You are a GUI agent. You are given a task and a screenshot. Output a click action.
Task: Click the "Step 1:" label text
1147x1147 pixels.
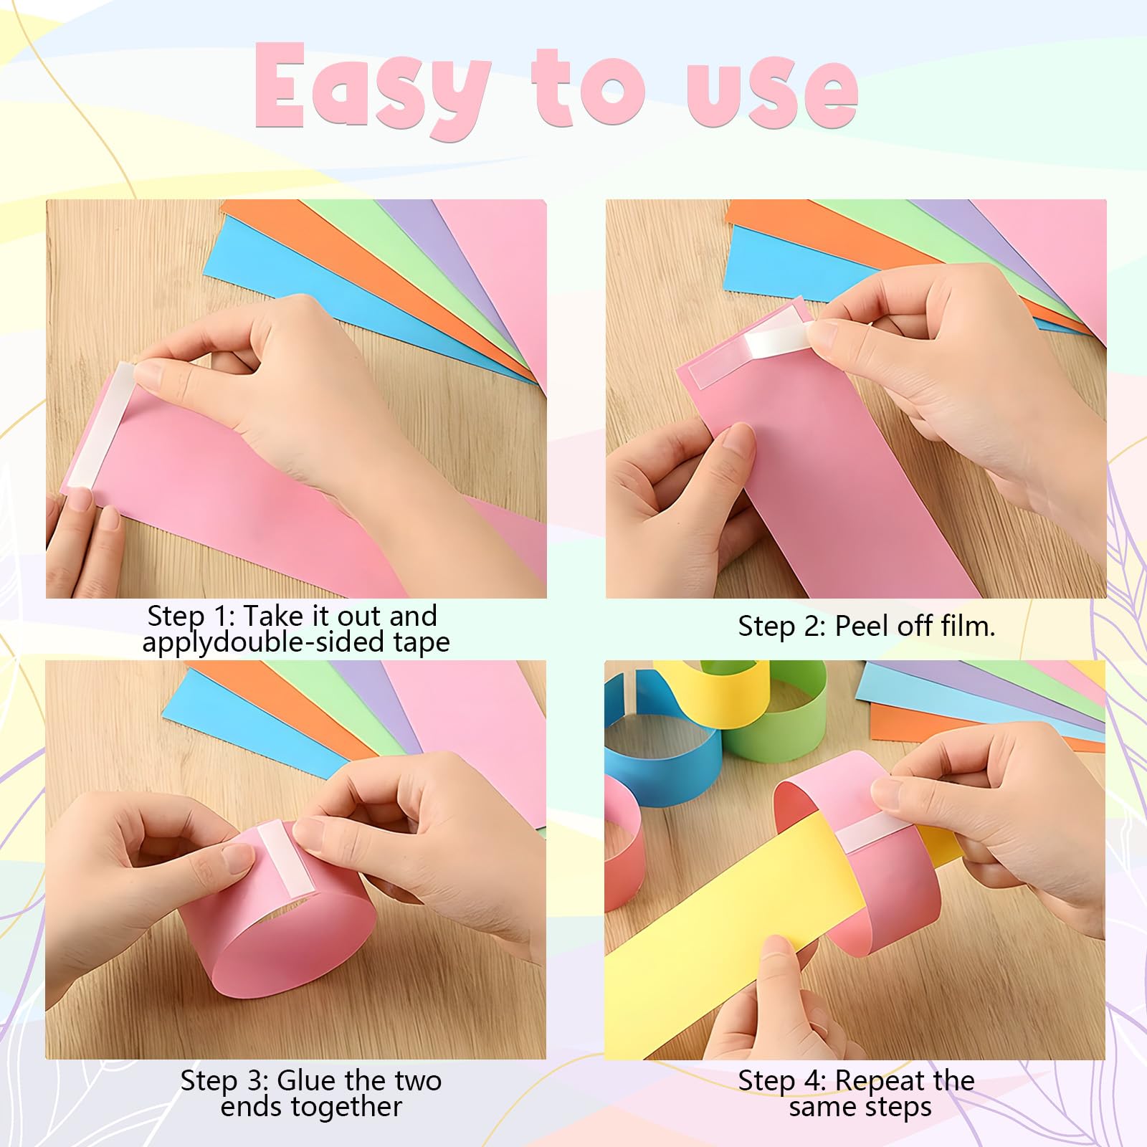coord(191,616)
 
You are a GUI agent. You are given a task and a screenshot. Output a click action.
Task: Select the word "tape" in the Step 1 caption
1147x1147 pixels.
coord(421,642)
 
